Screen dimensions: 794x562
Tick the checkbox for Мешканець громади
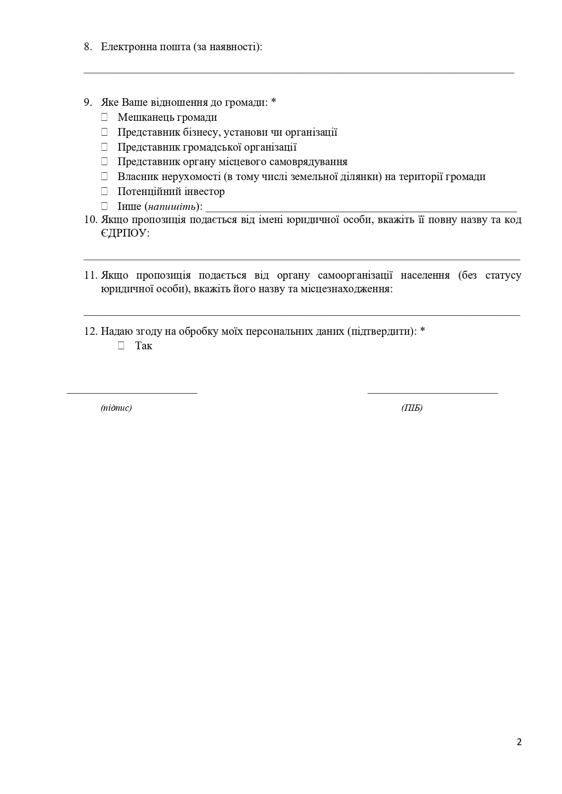click(x=105, y=117)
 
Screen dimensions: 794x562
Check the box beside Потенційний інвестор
click(x=105, y=191)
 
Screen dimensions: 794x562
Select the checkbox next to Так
click(x=121, y=346)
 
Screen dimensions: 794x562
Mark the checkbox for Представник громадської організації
click(x=105, y=147)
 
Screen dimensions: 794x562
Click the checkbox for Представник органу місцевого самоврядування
click(x=105, y=162)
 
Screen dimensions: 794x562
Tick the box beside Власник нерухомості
click(x=105, y=176)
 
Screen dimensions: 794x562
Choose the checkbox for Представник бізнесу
click(x=105, y=132)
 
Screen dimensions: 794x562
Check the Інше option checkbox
click(x=105, y=206)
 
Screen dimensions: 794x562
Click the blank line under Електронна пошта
click(x=299, y=72)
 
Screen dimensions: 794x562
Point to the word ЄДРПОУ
click(x=125, y=233)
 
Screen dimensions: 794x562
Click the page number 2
click(x=519, y=742)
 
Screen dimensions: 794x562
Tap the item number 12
click(x=90, y=331)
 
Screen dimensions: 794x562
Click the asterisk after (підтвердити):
click(x=423, y=331)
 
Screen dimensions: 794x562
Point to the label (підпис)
click(x=116, y=408)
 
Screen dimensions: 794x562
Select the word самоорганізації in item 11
click(x=355, y=275)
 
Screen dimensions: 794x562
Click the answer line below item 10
click(x=302, y=259)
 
